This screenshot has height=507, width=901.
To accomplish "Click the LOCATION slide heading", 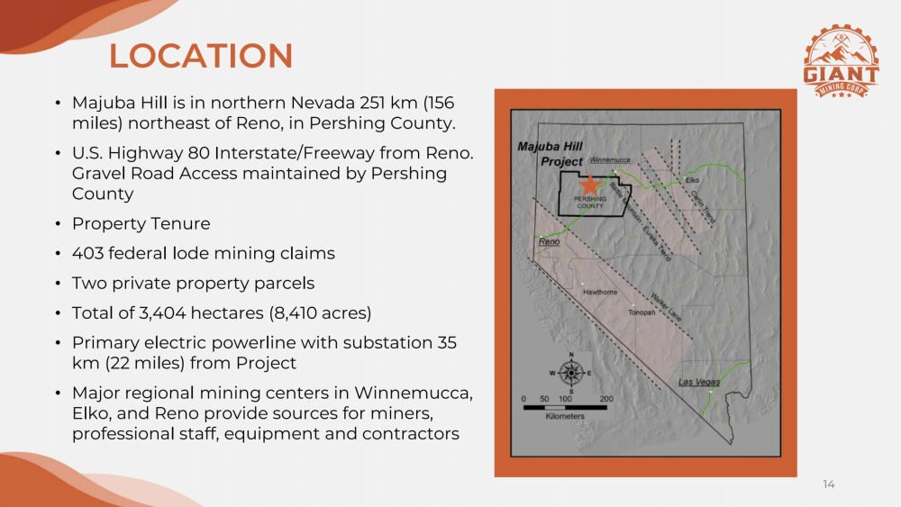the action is pos(201,56).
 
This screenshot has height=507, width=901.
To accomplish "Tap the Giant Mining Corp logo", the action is pos(841,62).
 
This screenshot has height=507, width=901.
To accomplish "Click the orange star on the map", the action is pos(589,185).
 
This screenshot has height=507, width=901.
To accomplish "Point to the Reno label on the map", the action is pos(550,241).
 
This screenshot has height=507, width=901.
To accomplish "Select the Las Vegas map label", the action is pos(699,382).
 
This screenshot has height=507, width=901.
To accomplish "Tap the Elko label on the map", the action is pos(692,180).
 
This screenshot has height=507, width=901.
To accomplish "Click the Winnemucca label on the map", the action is pos(610,159).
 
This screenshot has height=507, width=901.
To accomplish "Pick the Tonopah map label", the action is pos(642,312).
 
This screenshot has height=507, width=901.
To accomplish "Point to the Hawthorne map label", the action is pos(600,293).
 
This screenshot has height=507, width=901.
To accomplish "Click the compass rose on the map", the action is pos(570,373).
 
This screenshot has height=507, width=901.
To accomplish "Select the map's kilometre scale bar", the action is pos(565,408).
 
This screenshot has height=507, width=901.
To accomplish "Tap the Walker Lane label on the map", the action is pos(666,307).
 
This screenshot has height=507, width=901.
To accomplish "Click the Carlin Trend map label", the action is pos(703,207).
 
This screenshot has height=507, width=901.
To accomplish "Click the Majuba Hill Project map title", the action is pos(551,154).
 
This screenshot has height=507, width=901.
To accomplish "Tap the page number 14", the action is pos(829,484).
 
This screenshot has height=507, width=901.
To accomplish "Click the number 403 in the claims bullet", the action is pos(87,253).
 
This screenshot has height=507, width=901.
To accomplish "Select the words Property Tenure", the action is pos(141,223).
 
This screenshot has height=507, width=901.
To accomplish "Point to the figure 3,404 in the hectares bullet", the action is pos(162,312).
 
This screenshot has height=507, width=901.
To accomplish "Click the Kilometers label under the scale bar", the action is pos(565,416).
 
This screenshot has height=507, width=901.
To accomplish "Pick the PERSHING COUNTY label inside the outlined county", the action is pos(590,202).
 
